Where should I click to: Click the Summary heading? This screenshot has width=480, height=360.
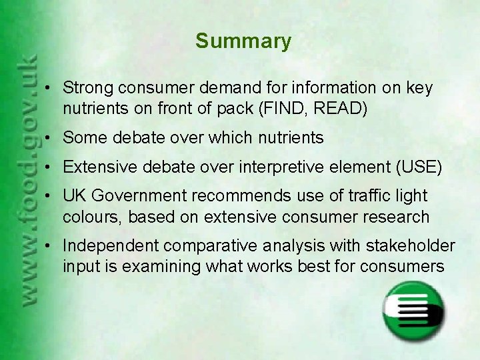pyautogui.click(x=243, y=41)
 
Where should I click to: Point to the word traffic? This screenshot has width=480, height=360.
pyautogui.click(x=365, y=196)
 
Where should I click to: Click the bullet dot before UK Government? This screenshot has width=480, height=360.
pyautogui.click(x=51, y=197)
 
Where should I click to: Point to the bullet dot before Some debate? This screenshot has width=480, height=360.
pyautogui.click(x=51, y=139)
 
